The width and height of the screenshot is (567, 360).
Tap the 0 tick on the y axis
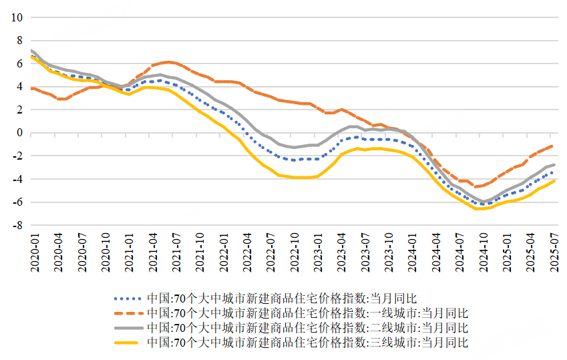tap(19, 133)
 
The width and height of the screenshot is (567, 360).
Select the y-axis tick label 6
tap(19, 63)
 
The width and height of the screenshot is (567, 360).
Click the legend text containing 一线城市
tap(308, 313)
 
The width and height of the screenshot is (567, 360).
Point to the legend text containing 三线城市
tap(308, 343)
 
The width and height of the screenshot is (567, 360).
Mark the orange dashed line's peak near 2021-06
tap(168, 62)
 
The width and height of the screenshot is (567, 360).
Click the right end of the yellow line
tap(554, 180)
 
